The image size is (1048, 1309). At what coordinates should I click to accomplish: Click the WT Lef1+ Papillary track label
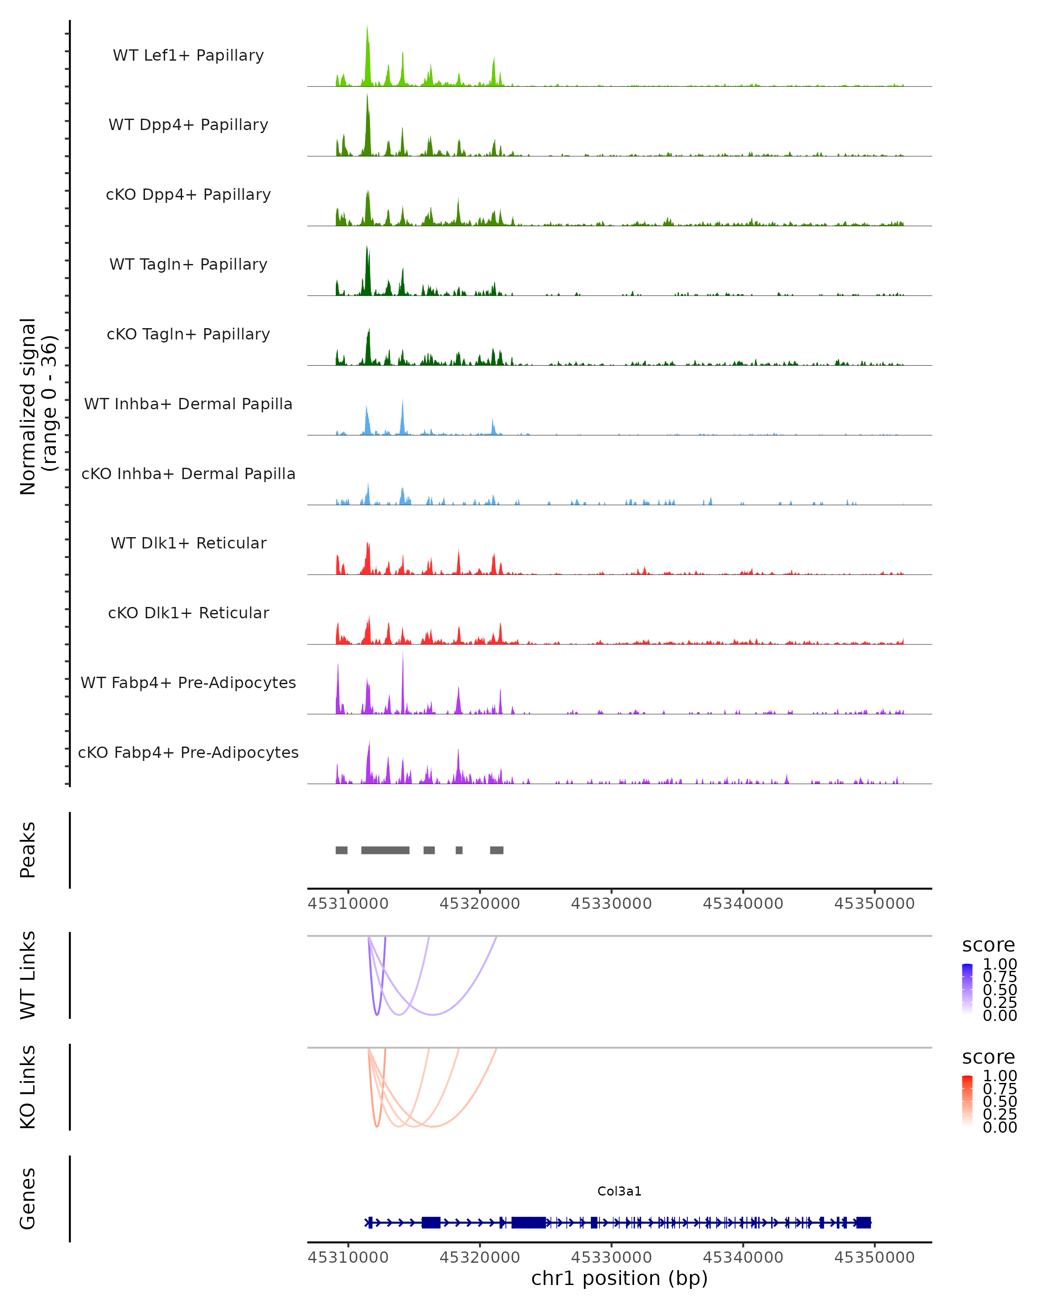pos(188,55)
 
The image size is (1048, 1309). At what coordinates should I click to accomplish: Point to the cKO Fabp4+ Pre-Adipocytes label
pos(188,752)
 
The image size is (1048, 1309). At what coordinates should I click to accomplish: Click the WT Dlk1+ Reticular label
pos(188,543)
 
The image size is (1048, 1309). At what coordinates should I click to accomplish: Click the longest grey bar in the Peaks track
pos(385,850)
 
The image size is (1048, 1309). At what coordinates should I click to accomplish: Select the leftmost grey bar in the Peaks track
pos(341,850)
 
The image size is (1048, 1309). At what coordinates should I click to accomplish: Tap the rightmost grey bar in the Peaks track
pos(496,850)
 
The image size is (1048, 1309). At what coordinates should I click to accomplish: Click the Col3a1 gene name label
pos(619,1191)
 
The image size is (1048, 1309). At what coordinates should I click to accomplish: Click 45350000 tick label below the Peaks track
pos(874,904)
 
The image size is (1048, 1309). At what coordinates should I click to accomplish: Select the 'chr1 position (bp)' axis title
pos(619,1278)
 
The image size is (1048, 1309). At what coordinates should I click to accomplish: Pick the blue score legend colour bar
pos(967,989)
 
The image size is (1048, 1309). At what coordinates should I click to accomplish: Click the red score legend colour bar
pos(967,1101)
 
